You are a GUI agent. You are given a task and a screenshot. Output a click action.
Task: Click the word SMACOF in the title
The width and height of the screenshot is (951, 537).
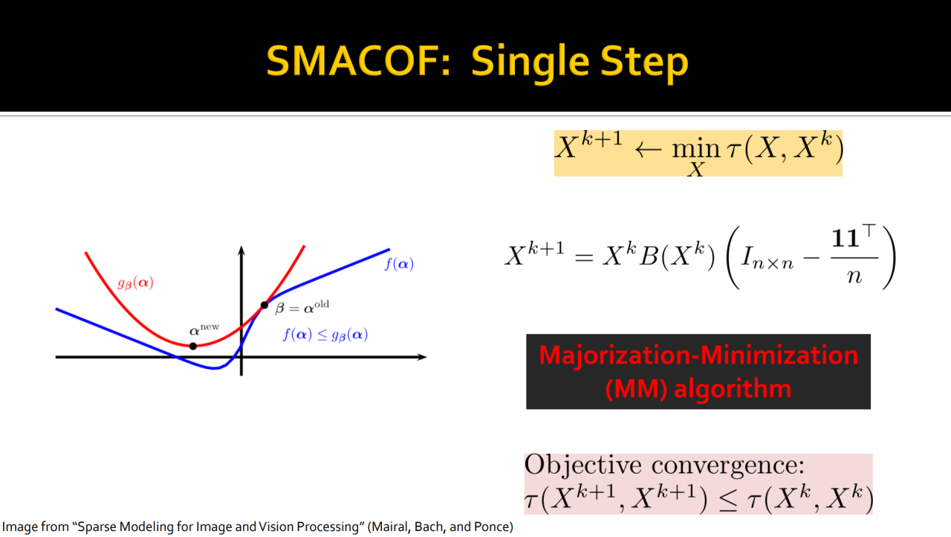[x=359, y=61]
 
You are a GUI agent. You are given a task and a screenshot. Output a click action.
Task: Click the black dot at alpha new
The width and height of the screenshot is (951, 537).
[x=192, y=347]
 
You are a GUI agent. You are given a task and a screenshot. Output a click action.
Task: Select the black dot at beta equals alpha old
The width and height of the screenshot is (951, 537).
[x=264, y=305]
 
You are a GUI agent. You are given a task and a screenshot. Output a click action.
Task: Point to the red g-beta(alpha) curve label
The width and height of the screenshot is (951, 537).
[x=135, y=283]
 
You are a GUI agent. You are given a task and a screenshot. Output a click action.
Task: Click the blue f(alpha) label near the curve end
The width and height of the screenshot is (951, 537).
[x=399, y=264]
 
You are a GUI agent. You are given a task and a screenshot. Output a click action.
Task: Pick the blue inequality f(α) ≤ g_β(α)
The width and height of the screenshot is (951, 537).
[x=325, y=335]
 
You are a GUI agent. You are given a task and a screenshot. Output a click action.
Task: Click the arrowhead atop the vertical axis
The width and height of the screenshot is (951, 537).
[x=241, y=251]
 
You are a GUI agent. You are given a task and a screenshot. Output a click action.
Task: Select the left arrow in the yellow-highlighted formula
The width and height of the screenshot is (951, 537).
[x=649, y=149]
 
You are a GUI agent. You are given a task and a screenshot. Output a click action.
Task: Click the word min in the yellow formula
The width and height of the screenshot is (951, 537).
[x=696, y=149]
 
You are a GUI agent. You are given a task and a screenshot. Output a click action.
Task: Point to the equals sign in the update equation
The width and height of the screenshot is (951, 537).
[x=584, y=257]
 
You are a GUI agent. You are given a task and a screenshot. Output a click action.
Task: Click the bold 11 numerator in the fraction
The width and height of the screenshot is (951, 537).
[x=845, y=238]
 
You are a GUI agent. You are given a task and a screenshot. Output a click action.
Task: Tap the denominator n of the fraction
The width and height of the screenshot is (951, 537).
[x=854, y=277]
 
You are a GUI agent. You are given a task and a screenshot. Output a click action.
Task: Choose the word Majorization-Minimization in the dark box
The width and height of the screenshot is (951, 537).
[x=698, y=356]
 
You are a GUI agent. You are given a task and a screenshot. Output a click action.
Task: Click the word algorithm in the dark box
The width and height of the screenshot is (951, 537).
[x=733, y=389]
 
